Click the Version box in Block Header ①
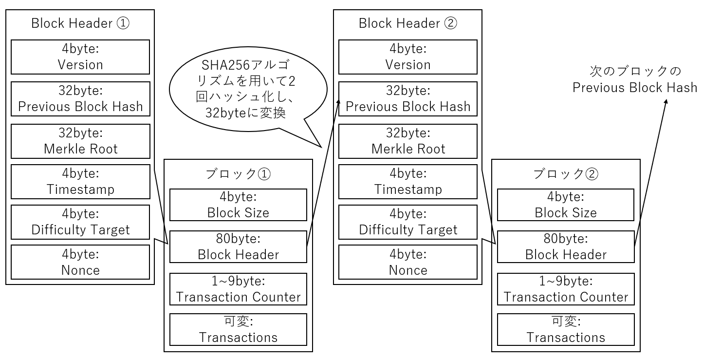click(x=80, y=57)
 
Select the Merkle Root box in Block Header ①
click(x=80, y=141)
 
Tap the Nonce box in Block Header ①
click(x=80, y=262)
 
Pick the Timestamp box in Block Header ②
click(x=408, y=182)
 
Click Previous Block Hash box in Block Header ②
click(x=408, y=99)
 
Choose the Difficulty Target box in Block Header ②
click(x=408, y=222)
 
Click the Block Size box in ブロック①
click(x=238, y=205)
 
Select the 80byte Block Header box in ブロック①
click(x=238, y=247)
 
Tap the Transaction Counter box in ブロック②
click(x=566, y=289)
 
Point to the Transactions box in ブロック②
click(x=566, y=330)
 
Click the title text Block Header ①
click(x=80, y=23)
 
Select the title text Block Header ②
click(x=408, y=23)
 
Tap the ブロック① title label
click(x=238, y=173)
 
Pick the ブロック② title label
click(x=566, y=173)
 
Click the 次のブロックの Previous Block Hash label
click(x=635, y=79)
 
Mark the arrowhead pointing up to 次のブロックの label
click(x=666, y=100)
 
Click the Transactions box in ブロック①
click(x=238, y=330)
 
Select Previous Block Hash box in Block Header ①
click(x=80, y=99)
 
